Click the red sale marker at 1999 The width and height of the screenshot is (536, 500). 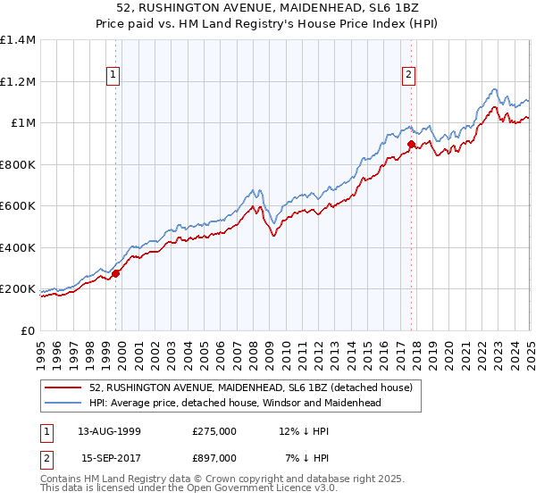click(115, 274)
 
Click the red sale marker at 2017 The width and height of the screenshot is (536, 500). click(411, 144)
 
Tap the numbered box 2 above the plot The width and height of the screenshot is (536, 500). click(408, 76)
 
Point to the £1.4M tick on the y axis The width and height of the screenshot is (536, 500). click(18, 40)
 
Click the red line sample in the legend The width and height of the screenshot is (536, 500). click(62, 388)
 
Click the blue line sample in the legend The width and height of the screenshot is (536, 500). click(62, 403)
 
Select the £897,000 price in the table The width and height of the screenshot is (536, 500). click(214, 458)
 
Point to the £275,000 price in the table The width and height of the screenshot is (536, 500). click(214, 431)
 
